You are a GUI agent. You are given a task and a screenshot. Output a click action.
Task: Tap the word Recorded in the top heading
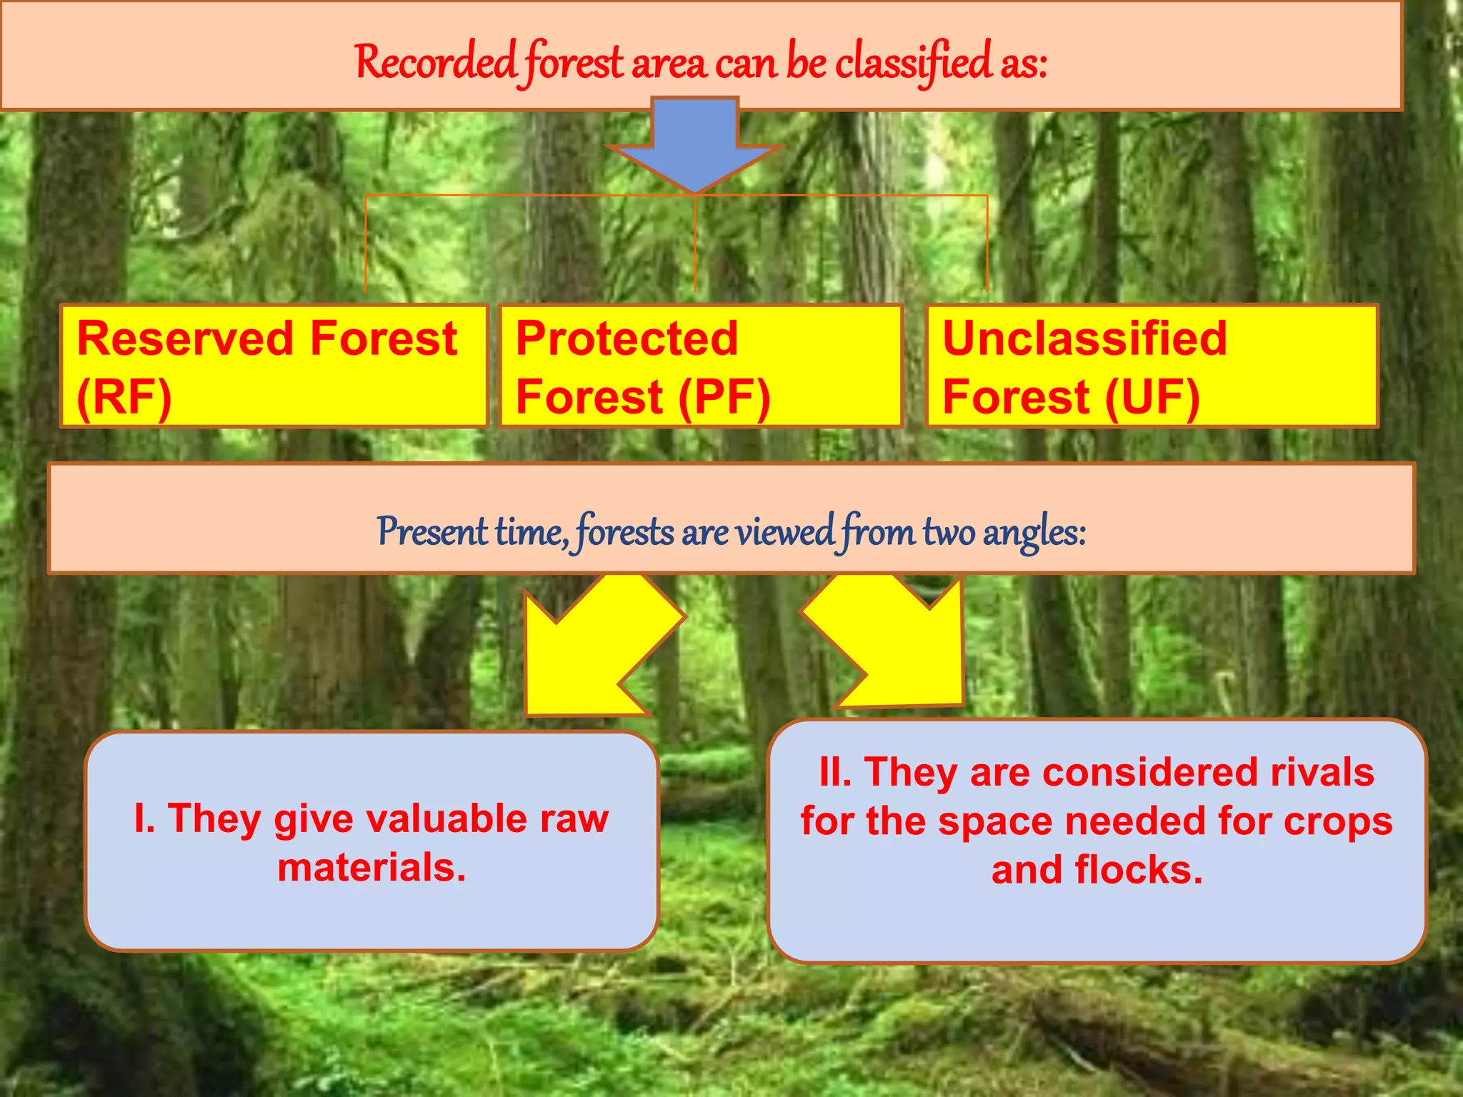click(435, 62)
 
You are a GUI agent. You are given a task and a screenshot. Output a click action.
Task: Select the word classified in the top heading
click(912, 62)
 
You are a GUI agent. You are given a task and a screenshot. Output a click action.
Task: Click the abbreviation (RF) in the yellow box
click(124, 397)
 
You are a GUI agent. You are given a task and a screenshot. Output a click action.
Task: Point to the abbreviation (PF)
click(724, 397)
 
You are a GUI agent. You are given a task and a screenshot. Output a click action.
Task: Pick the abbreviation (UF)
click(1152, 397)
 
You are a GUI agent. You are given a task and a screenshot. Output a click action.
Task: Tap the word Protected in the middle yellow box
click(626, 339)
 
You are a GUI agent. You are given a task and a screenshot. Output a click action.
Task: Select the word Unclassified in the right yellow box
click(1084, 339)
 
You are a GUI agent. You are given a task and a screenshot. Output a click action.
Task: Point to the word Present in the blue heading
click(431, 532)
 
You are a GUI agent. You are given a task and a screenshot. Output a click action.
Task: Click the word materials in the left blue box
click(371, 868)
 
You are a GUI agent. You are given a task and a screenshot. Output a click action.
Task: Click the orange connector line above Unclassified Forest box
click(987, 243)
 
